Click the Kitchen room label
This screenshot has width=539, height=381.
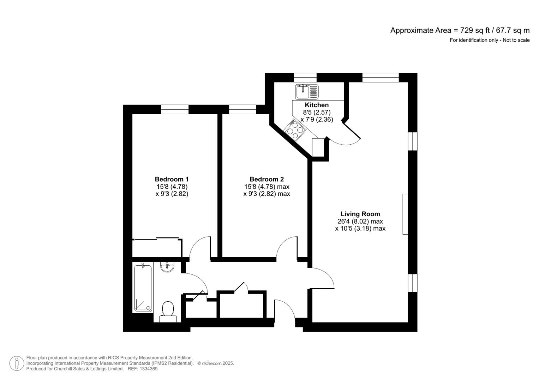(x=317, y=105)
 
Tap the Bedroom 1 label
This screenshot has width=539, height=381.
(x=172, y=179)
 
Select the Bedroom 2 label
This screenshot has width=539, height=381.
(x=266, y=179)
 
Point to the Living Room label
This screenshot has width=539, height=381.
(x=360, y=214)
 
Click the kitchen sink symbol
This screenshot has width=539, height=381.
(x=306, y=92)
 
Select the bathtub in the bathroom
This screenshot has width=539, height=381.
(x=143, y=289)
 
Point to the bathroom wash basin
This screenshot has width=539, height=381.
(x=167, y=267)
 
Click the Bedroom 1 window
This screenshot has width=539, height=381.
(x=175, y=110)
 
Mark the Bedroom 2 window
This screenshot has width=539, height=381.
(x=242, y=110)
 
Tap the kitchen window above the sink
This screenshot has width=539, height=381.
(x=305, y=78)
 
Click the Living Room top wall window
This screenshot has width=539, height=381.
(x=380, y=78)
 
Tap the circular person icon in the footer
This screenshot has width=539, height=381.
(x=17, y=363)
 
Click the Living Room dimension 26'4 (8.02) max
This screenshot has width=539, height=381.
(x=360, y=222)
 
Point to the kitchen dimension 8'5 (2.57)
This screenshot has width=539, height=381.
(x=317, y=112)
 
